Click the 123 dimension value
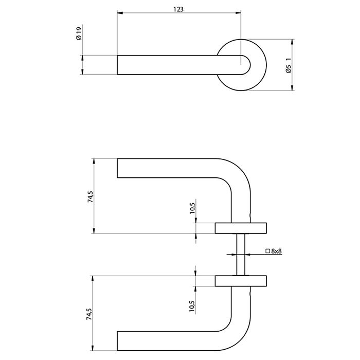point(178,9)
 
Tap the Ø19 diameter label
point(79,33)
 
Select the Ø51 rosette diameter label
point(289,65)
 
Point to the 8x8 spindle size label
point(277,251)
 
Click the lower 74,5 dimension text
point(89,314)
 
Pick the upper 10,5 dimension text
point(192,208)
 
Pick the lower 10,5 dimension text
point(192,307)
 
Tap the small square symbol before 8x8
point(267,251)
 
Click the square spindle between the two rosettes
point(241,255)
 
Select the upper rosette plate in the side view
point(241,228)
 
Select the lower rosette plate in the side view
point(241,281)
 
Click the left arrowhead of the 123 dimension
point(120,13)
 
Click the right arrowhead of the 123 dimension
point(238,13)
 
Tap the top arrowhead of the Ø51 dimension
point(292,42)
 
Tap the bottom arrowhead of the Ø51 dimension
point(292,88)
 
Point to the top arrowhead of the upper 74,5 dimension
point(94,161)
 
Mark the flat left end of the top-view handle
point(117,65)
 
